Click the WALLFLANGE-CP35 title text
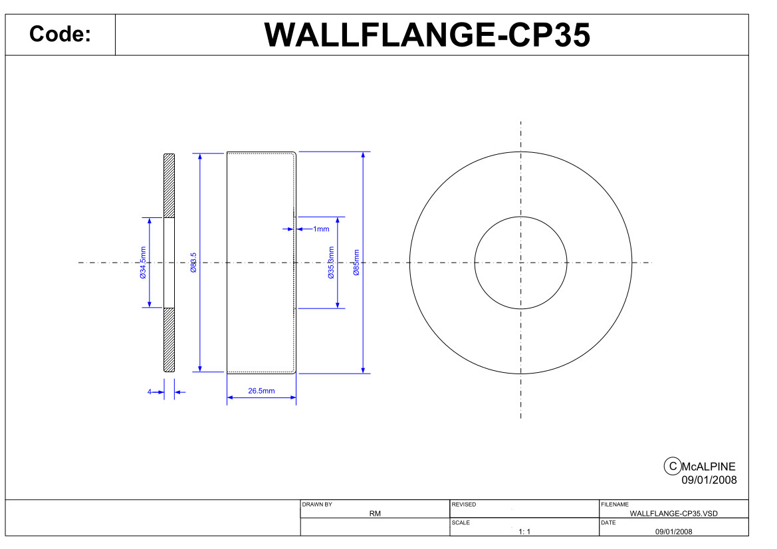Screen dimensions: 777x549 (427, 35)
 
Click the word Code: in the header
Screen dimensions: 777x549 (60, 34)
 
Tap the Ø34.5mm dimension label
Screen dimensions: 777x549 (143, 263)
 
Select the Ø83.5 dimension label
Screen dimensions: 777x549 (194, 263)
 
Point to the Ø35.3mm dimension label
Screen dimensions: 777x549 (331, 263)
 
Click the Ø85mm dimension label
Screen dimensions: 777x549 (356, 263)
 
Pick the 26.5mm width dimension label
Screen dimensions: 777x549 (262, 391)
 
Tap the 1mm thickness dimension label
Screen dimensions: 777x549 (321, 229)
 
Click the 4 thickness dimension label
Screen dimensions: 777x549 (149, 392)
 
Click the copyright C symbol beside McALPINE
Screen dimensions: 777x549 (673, 467)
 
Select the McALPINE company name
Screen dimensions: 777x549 (709, 467)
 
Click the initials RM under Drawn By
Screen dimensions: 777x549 (375, 513)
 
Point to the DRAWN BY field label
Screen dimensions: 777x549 (317, 504)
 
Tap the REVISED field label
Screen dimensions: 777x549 (464, 504)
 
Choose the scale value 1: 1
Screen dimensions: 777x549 (524, 532)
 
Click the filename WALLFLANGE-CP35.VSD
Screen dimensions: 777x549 (673, 513)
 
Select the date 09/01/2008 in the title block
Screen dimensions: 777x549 (673, 532)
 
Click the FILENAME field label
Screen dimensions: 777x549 (615, 504)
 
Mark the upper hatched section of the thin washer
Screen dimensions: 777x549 (169, 186)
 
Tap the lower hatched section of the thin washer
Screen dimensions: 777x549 (169, 340)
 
